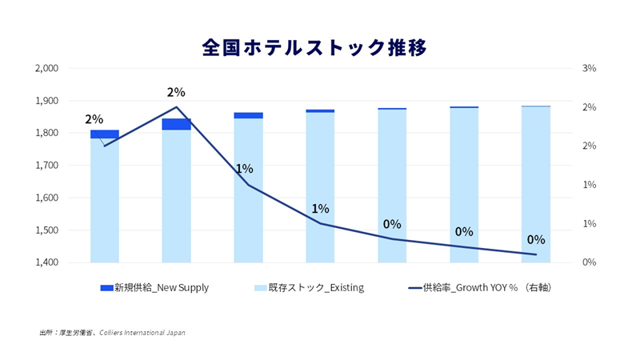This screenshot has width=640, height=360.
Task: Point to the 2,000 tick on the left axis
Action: coord(47,69)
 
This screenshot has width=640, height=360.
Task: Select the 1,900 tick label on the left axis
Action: coord(47,101)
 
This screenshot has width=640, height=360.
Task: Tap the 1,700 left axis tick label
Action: coord(47,166)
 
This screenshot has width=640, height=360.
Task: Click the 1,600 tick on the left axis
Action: coord(47,198)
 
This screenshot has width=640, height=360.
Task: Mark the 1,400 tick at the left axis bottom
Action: coord(47,262)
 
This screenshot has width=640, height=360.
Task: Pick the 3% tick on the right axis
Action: coord(589,69)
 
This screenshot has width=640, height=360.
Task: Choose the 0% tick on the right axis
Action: coord(589,262)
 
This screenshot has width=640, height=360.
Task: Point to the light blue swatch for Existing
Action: coord(258,288)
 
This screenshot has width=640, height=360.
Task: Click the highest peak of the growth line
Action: coord(177,107)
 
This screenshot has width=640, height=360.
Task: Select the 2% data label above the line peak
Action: coord(176,92)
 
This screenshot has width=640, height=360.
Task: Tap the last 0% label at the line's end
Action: coord(536,239)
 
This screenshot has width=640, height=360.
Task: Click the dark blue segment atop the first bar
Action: coord(105,134)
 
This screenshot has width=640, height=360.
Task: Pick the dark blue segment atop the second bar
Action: coord(177,124)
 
